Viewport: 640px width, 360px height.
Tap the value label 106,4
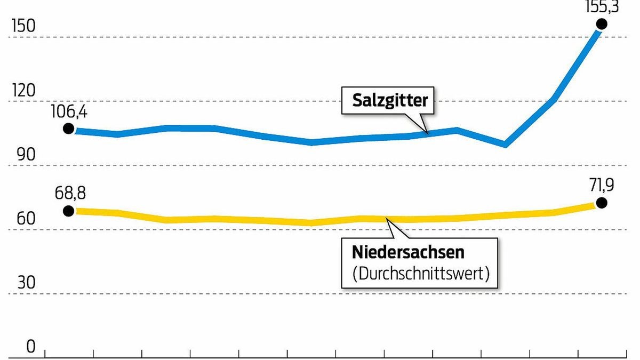click(x=68, y=113)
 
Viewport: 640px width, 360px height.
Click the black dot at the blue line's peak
click(x=602, y=23)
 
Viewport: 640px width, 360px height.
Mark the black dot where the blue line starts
click(x=68, y=129)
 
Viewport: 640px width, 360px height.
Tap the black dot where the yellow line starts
click(x=68, y=211)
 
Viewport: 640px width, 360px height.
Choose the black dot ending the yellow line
click(x=602, y=202)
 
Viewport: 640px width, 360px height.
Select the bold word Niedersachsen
click(x=408, y=252)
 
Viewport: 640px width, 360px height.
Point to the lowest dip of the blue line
click(x=505, y=144)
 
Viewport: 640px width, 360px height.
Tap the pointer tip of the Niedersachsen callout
click(x=386, y=219)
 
